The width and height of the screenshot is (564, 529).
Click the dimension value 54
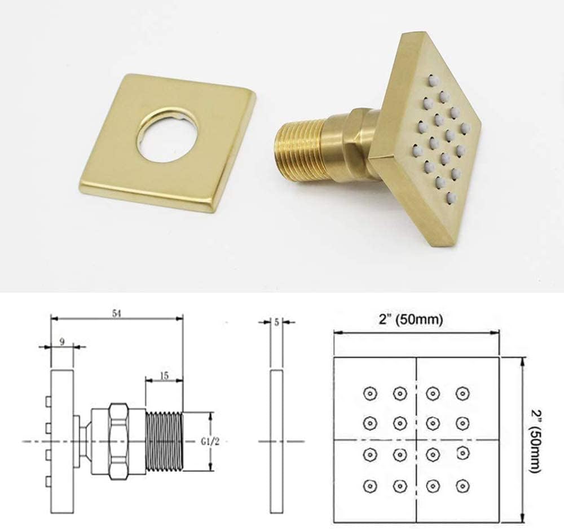(116, 314)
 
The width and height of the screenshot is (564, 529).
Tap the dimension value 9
(62, 342)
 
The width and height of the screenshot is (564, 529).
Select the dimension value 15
(164, 376)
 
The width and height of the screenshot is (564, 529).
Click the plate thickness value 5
(276, 322)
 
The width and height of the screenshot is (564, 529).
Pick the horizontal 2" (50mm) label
(411, 319)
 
